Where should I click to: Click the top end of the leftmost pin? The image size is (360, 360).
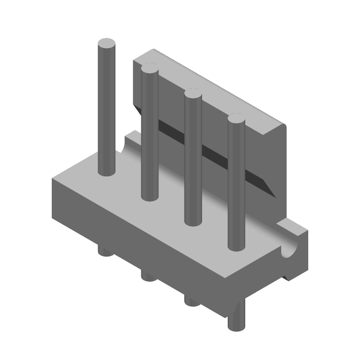coord(107,44)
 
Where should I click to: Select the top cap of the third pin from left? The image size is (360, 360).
coord(193,94)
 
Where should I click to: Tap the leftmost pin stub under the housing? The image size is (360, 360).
coord(106,251)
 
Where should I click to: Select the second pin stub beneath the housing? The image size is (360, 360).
coord(149,275)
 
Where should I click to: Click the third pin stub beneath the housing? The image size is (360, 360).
coord(192,301)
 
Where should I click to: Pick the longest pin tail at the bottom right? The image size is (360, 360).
coord(236,319)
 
